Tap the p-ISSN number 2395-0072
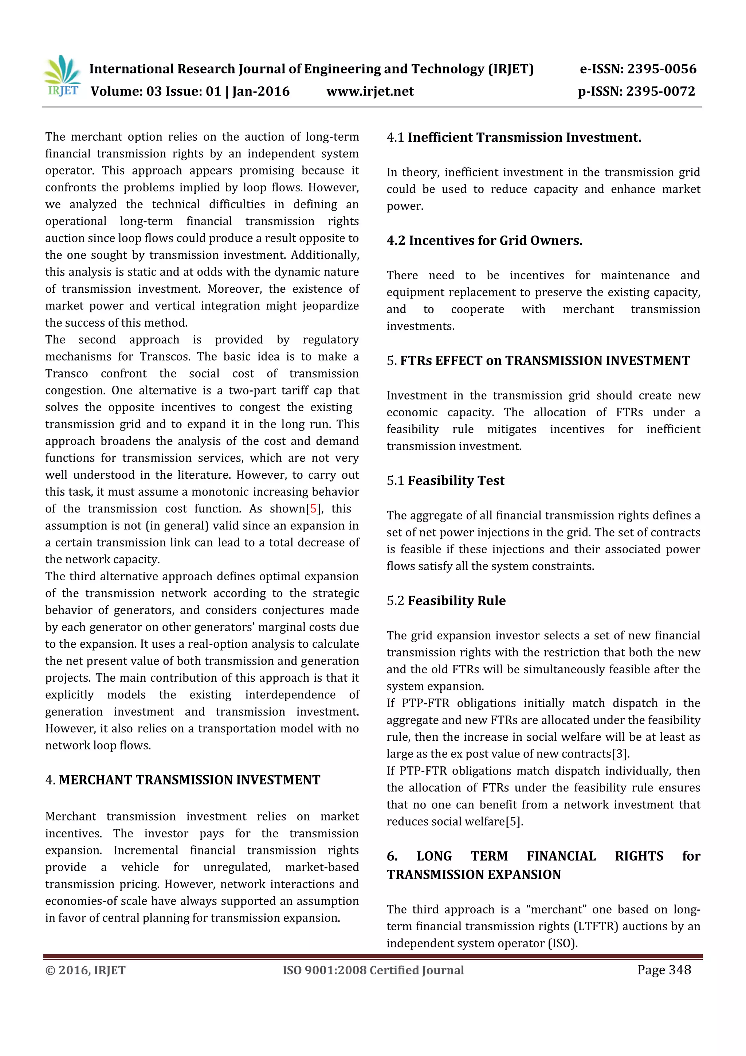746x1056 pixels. pyautogui.click(x=660, y=91)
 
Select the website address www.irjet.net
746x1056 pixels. pyautogui.click(x=370, y=91)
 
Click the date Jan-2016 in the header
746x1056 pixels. pyautogui.click(x=261, y=91)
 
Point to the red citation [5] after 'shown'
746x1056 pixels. pyautogui.click(x=314, y=509)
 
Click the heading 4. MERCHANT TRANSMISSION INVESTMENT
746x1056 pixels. pyautogui.click(x=182, y=780)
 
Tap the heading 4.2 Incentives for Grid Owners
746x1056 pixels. pyautogui.click(x=484, y=241)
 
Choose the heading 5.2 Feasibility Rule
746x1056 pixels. pyautogui.click(x=446, y=601)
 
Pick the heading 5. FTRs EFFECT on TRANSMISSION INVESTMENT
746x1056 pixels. pyautogui.click(x=538, y=361)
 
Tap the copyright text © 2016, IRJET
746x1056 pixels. pyautogui.click(x=86, y=970)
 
